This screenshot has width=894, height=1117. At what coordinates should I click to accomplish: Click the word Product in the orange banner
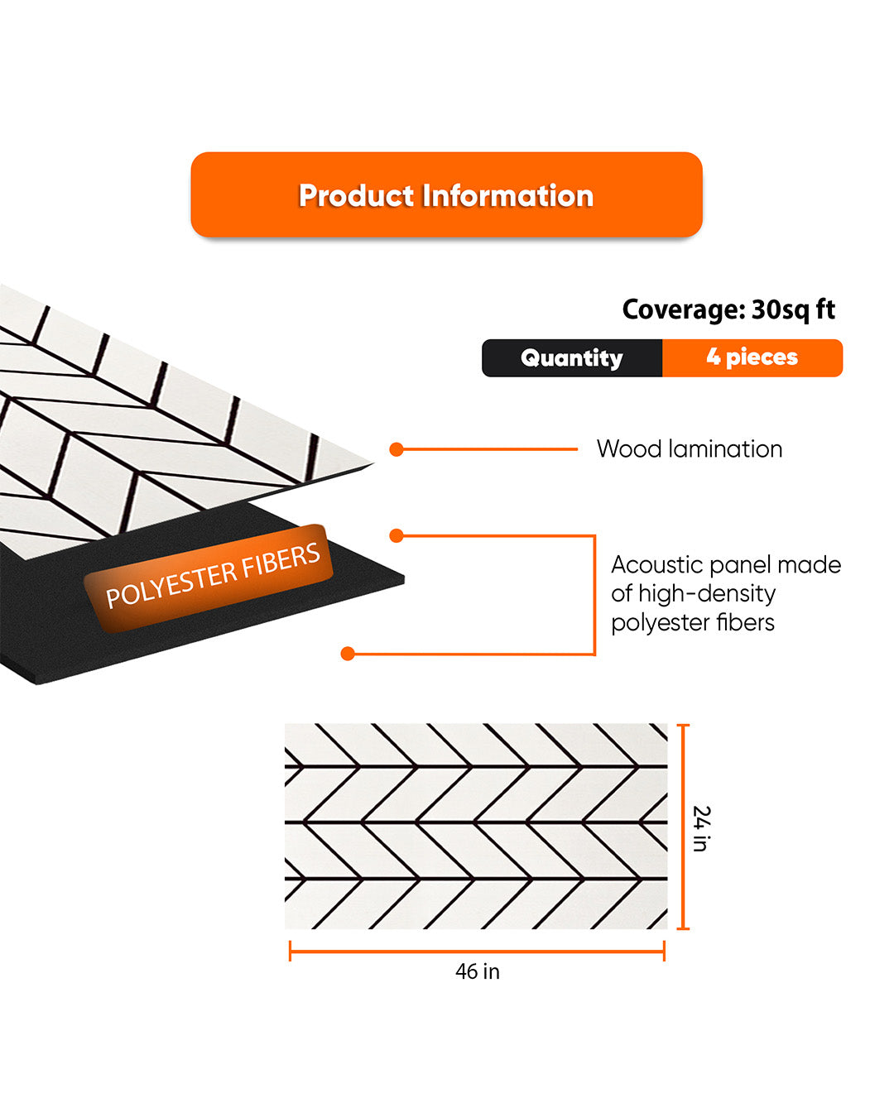(356, 196)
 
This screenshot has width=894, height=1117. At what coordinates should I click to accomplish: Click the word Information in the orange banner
(507, 196)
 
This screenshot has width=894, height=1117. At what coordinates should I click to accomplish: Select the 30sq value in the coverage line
(781, 310)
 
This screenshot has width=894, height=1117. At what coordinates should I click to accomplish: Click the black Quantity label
(571, 357)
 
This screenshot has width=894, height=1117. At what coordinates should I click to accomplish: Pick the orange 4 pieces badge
(752, 357)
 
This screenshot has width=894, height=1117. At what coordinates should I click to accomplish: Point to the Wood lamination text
(689, 449)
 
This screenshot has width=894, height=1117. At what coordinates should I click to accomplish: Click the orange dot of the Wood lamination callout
(397, 449)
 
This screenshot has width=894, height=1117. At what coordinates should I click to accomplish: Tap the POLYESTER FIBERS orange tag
(209, 578)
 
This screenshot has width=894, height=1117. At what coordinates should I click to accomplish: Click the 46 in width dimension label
(478, 971)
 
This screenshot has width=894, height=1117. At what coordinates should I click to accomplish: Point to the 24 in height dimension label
(701, 828)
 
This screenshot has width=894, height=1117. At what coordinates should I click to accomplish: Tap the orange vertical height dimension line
(684, 827)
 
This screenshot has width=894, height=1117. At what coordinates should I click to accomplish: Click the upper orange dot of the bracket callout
(397, 535)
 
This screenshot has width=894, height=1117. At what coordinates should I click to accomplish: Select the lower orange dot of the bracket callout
(348, 654)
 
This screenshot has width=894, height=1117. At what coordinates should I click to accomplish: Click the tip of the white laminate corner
(373, 463)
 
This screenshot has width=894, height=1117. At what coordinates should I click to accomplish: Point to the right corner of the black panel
(404, 578)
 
